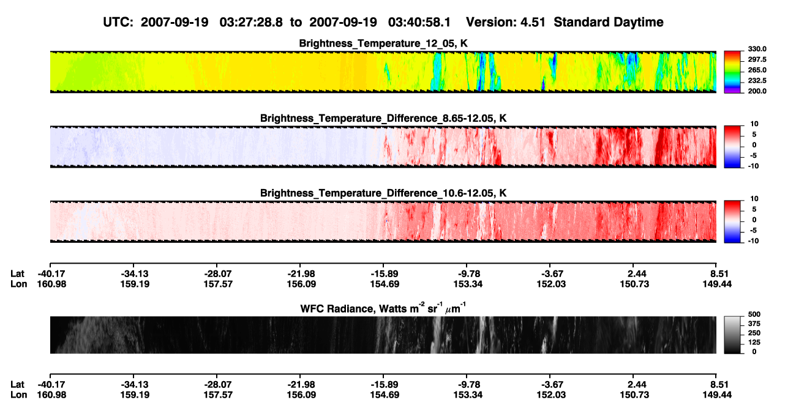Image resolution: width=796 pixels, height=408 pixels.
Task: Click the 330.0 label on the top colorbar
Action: coord(757,49)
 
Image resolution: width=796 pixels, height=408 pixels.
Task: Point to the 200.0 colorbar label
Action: coord(757,91)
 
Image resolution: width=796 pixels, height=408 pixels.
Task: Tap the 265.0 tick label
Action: coord(757,70)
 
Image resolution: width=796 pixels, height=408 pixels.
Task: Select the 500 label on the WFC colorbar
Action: coord(754,314)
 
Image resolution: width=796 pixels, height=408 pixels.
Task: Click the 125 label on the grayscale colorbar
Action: coord(754,343)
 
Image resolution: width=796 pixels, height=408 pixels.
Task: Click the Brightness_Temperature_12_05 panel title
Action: coord(383,43)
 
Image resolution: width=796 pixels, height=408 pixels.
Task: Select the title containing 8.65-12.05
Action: coord(383,118)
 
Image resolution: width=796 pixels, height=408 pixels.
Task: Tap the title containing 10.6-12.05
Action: coord(383,193)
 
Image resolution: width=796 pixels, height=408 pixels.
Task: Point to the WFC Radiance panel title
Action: coord(383,308)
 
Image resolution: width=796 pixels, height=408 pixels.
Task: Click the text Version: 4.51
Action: coord(506,22)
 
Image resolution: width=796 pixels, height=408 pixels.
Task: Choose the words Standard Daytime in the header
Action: coord(609,22)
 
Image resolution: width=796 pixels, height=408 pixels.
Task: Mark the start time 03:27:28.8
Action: coord(251,22)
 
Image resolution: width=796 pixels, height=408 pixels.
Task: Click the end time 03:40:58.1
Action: coord(419,22)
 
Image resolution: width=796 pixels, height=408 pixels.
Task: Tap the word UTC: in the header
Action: coord(118,22)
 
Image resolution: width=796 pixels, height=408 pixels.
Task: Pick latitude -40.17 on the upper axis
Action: coord(51,274)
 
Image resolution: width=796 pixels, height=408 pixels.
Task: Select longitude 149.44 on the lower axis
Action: coord(717,395)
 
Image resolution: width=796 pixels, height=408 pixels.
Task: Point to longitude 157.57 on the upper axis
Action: coord(218,284)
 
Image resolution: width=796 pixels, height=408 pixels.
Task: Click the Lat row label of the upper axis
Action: coord(17,274)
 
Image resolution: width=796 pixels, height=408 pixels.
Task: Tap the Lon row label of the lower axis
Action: coord(18,395)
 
